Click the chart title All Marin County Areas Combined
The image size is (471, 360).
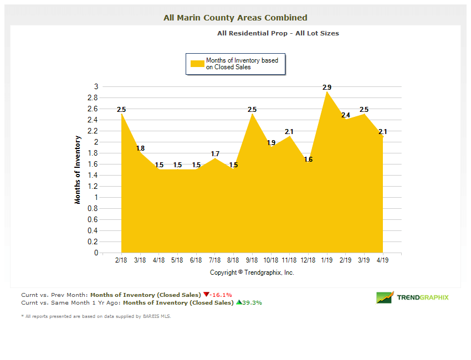tap(235, 18)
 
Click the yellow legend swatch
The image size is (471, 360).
tap(197, 64)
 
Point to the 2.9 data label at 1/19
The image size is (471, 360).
tap(327, 88)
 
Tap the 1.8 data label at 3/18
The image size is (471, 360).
tap(140, 148)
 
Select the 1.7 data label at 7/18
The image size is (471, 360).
tap(215, 154)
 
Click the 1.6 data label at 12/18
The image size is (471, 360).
tap(308, 160)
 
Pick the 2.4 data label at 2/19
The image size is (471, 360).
tap(346, 115)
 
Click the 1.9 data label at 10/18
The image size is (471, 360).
tap(271, 143)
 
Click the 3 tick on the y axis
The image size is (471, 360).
tap(96, 86)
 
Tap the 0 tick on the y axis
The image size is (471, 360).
tap(96, 253)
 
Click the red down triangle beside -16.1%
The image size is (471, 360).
tap(206, 295)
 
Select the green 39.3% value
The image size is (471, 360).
tap(252, 303)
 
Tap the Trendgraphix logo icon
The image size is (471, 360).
tap(385, 297)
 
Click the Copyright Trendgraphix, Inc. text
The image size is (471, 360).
tap(252, 272)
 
